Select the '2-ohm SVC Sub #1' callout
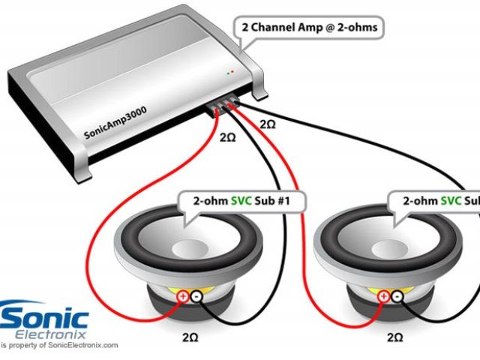238,202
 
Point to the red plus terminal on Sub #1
182,297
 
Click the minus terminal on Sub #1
196,297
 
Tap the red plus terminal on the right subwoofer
384,297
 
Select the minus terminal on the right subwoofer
397,297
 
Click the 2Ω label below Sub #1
190,338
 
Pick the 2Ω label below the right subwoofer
395,338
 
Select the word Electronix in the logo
61,332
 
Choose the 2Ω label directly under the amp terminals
227,139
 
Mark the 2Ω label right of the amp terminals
266,124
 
